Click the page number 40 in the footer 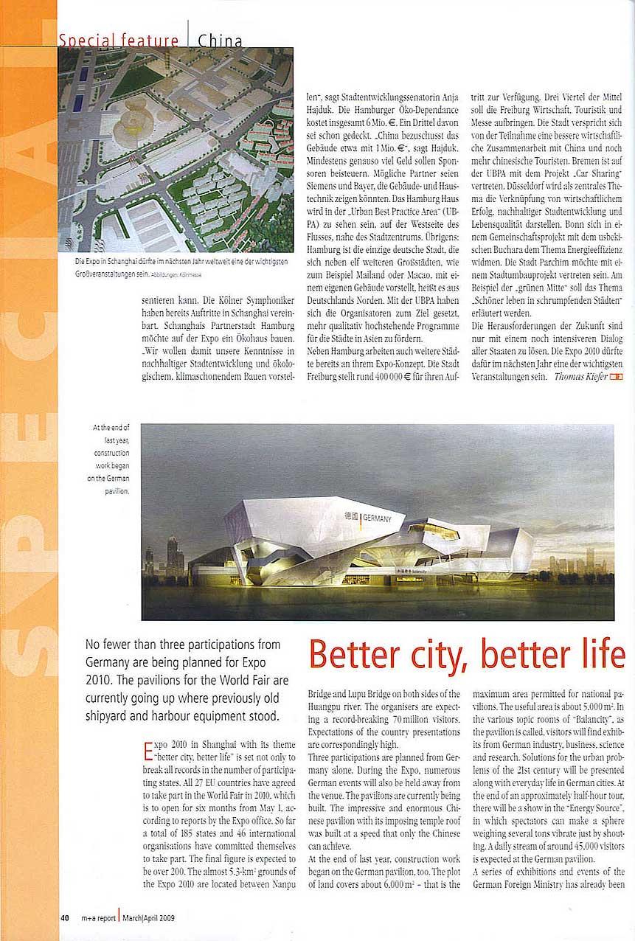[x=65, y=918]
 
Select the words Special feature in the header [x=119, y=41]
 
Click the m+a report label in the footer [x=94, y=918]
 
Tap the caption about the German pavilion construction [x=111, y=459]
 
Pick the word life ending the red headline [x=597, y=654]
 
